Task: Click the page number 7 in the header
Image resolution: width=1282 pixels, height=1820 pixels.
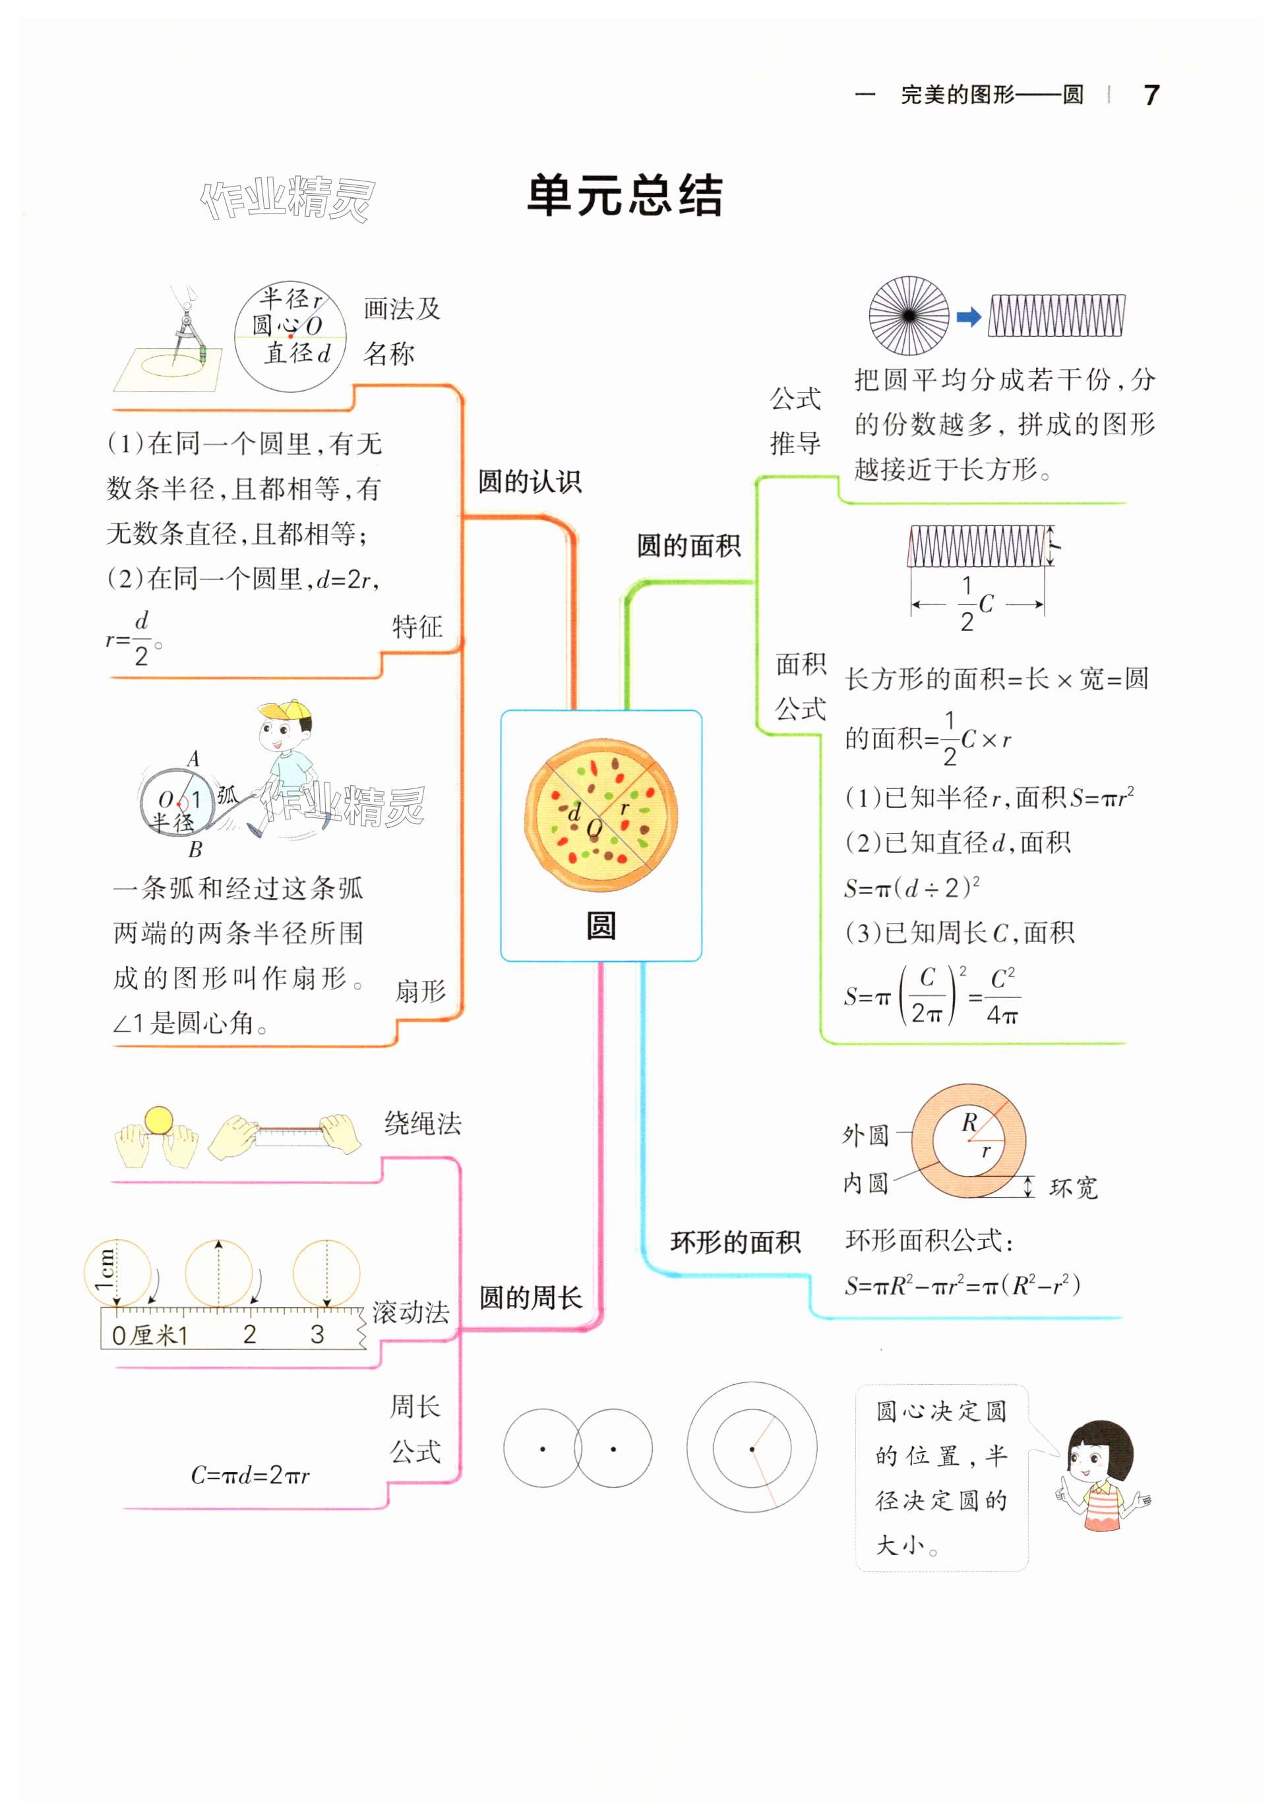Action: click(x=1151, y=95)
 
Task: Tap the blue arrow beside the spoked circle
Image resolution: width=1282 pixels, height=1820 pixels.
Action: click(x=968, y=317)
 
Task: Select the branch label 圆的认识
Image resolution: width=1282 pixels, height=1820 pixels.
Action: click(x=530, y=481)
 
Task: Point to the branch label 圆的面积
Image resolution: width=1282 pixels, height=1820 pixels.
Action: click(x=688, y=545)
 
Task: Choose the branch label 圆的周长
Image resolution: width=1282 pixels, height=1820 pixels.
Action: click(x=530, y=1298)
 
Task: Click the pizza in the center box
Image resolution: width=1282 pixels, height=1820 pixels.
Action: click(x=600, y=815)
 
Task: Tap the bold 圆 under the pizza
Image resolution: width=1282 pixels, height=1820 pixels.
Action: click(x=600, y=925)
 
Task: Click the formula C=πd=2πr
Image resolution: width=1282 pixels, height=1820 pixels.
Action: click(x=250, y=1475)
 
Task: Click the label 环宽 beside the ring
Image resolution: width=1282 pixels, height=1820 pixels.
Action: click(x=1073, y=1187)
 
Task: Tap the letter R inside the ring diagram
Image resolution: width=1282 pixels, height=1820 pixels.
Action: click(x=969, y=1123)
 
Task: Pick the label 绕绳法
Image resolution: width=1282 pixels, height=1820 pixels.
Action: click(x=423, y=1123)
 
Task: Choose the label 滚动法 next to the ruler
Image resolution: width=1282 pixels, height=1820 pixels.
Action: click(x=410, y=1312)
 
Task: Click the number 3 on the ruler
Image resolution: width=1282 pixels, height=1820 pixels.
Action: click(x=317, y=1334)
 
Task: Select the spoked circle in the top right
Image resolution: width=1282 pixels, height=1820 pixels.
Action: click(x=909, y=316)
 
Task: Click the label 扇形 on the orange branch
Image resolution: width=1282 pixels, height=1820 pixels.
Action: click(x=420, y=991)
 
